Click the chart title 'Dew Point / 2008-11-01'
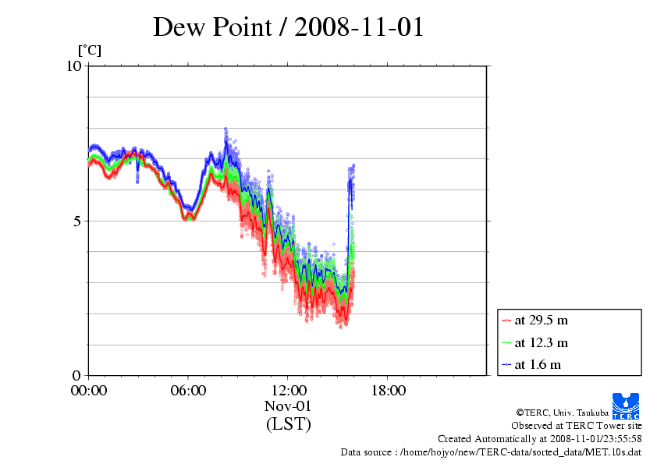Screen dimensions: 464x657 coord(288,27)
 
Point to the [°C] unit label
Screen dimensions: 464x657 coord(89,51)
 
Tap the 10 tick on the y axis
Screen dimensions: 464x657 coord(73,66)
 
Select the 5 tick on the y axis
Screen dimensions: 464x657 coord(77,221)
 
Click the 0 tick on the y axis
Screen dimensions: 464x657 coord(77,375)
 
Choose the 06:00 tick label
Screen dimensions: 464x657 coord(188,391)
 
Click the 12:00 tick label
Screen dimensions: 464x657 coord(288,391)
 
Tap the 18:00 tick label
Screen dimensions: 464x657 coord(388,391)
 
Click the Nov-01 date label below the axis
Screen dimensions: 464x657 coord(288,406)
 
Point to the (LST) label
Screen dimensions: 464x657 coord(288,424)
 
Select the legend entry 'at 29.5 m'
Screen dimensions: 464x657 coord(542,321)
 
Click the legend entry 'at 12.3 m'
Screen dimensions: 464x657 coord(542,342)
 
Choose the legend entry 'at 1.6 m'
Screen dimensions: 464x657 coord(538,364)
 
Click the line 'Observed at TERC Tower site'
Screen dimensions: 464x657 coord(577,426)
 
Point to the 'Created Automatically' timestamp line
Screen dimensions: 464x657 coord(540,439)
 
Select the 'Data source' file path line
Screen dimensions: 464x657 coord(491,452)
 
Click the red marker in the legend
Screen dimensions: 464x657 coord(507,321)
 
